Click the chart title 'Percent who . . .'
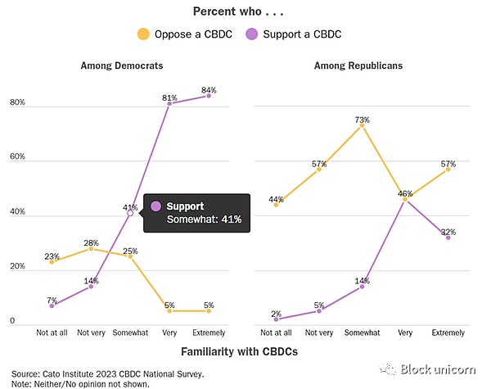pyautogui.click(x=245, y=11)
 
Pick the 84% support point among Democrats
pyautogui.click(x=209, y=96)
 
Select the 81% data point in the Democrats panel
pyautogui.click(x=169, y=103)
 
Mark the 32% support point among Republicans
pyautogui.click(x=448, y=237)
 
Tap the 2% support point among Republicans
pyautogui.click(x=277, y=319)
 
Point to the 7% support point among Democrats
pyautogui.click(x=52, y=305)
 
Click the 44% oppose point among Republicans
pyautogui.click(x=277, y=205)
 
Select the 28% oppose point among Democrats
pyautogui.click(x=91, y=248)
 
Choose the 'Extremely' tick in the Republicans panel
pyautogui.click(x=448, y=333)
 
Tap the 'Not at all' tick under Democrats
pyautogui.click(x=52, y=333)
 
